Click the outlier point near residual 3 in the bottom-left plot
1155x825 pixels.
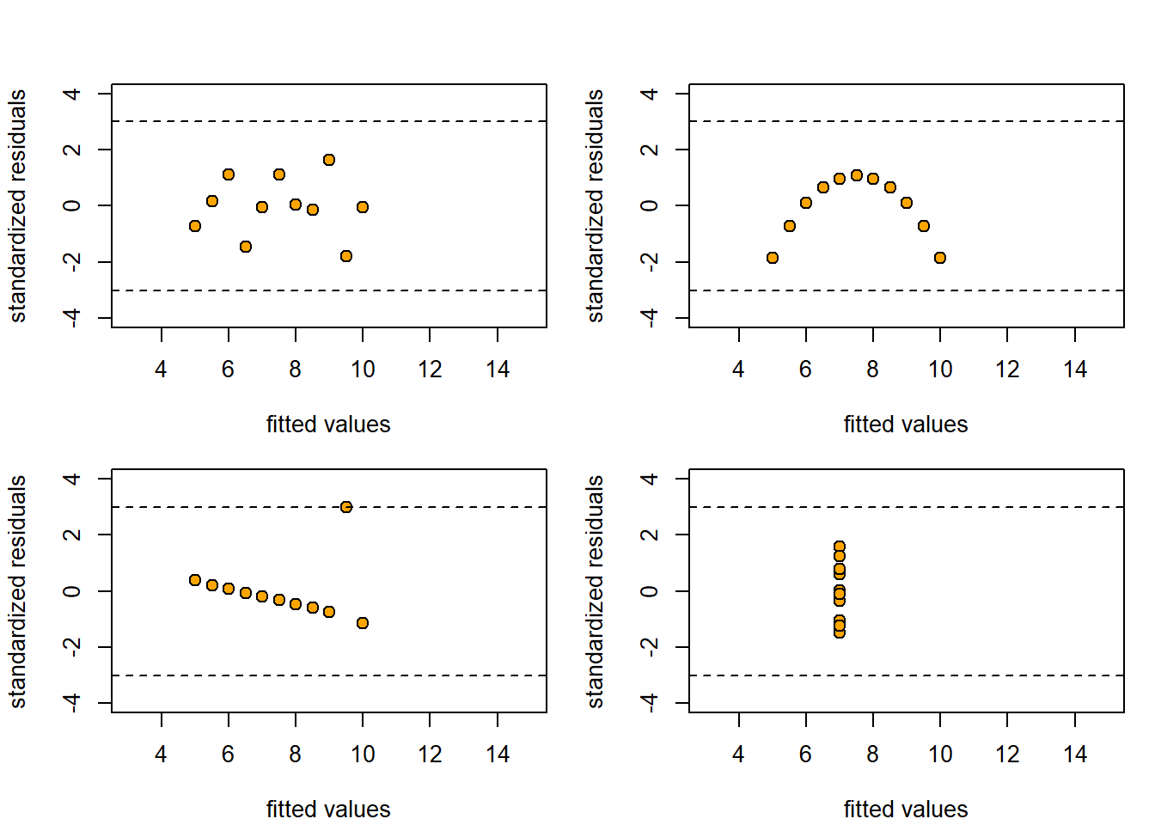346,507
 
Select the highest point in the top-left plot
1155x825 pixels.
329,160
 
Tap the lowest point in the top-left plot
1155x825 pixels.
346,256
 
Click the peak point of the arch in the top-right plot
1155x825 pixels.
857,175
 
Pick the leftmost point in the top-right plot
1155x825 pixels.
773,258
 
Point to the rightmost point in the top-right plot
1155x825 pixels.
940,258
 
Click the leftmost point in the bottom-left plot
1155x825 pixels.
195,580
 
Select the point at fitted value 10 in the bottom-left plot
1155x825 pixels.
363,623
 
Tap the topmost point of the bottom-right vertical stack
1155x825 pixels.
840,547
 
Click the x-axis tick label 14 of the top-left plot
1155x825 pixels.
498,370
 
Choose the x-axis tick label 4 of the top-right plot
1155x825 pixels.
738,370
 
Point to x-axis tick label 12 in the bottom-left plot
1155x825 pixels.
430,755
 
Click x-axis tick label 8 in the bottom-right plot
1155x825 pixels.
872,755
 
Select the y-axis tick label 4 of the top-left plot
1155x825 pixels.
74,93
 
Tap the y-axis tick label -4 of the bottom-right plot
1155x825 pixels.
651,703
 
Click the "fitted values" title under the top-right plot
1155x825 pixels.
906,425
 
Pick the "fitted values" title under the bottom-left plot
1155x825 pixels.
328,810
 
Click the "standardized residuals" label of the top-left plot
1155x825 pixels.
17,206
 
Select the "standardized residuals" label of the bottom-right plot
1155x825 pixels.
595,591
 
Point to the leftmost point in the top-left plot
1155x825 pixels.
195,226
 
